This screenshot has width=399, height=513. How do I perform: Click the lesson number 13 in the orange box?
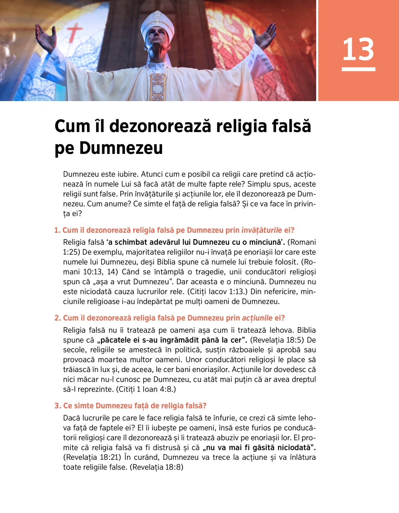click(x=358, y=50)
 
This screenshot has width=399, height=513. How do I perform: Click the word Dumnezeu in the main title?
click(x=121, y=148)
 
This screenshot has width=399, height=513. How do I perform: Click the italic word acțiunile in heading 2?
click(x=257, y=318)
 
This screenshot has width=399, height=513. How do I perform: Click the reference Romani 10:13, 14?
click(x=90, y=272)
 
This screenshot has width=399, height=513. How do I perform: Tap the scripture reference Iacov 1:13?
click(x=218, y=292)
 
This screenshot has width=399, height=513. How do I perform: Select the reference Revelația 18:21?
click(x=92, y=457)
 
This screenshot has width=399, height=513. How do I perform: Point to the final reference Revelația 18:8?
click(x=157, y=467)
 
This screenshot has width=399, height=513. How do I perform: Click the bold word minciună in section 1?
click(x=266, y=242)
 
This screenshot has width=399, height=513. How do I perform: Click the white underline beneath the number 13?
click(x=358, y=69)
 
